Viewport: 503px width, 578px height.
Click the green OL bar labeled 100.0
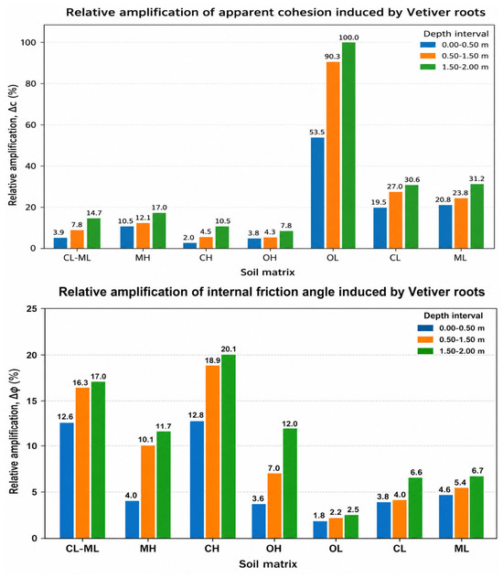[348, 145]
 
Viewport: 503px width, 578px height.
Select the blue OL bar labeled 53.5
[317, 193]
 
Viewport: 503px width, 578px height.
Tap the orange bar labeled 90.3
[333, 155]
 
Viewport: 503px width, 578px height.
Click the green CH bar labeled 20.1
[229, 446]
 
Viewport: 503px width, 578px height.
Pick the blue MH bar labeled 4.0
[133, 519]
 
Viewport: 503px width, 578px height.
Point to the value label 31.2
[476, 178]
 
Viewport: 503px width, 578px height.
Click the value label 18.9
[212, 360]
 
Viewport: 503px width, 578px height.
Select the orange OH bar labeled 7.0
[274, 506]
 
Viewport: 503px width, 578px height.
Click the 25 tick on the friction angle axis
[32, 308]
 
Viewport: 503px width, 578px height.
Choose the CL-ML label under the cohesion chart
[77, 258]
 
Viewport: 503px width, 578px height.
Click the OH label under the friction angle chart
[273, 549]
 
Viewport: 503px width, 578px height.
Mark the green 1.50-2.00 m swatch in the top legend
[428, 67]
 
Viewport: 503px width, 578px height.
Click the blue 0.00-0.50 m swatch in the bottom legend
[425, 327]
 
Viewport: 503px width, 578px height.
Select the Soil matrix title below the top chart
[268, 273]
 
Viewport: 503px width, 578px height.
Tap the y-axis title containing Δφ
[14, 432]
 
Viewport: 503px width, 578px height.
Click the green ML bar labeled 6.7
[476, 508]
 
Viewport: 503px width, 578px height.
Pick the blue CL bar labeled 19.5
[380, 228]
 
